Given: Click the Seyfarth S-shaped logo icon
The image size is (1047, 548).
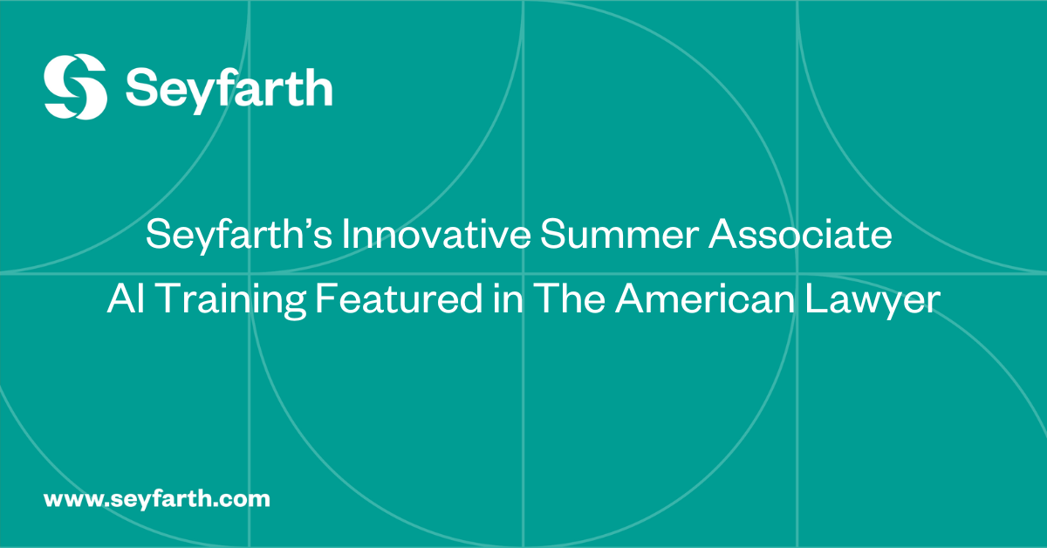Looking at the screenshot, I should pos(75,86).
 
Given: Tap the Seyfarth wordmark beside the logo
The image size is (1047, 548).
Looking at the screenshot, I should pos(229,88).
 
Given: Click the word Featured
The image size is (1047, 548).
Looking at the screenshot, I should pos(396,299).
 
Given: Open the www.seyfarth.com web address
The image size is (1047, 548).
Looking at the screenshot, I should pos(157,500).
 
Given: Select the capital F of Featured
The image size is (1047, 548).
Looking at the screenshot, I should pos(325,299).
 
